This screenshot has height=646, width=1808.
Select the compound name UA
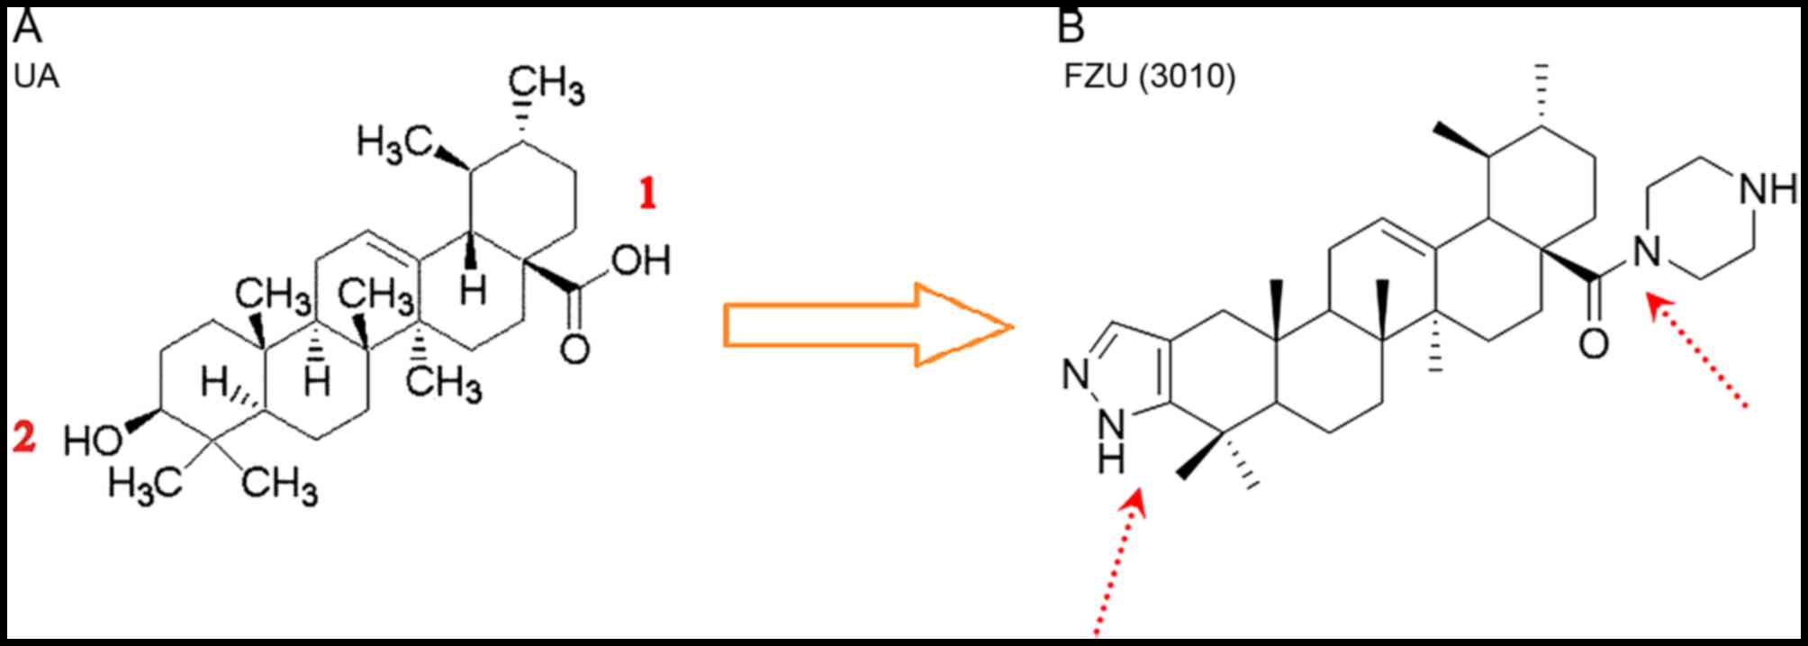point(37,77)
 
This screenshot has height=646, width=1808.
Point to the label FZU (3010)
point(1149,77)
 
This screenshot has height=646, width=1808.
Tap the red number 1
point(647,195)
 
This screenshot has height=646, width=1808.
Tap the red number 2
point(24,438)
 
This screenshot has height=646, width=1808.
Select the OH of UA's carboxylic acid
point(641,261)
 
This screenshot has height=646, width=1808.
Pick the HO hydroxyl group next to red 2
point(93,441)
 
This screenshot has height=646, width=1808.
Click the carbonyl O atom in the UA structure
point(574,349)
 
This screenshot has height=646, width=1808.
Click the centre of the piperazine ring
point(1700,221)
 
